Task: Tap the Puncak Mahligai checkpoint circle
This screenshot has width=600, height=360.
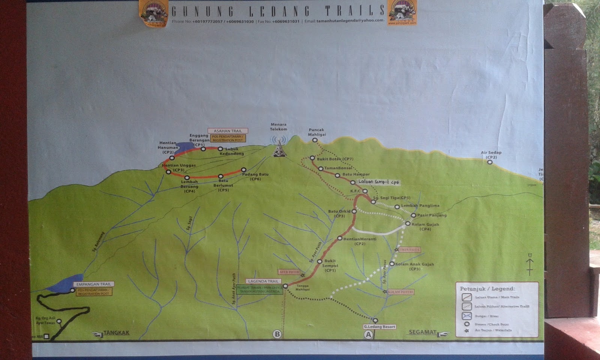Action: [x=315, y=140]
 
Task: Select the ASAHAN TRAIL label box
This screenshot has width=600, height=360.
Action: [x=228, y=131]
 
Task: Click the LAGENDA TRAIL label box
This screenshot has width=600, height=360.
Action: [x=263, y=281]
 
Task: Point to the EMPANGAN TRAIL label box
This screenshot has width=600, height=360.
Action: [x=94, y=284]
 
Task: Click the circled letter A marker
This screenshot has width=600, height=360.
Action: [x=368, y=334]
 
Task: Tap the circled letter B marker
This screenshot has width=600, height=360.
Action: [x=277, y=334]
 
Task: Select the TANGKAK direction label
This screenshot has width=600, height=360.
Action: [x=116, y=333]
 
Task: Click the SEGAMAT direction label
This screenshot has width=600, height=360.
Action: [x=423, y=332]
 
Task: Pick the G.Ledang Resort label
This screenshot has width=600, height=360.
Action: [x=379, y=327]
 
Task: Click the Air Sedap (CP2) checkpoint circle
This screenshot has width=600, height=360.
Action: [x=490, y=162]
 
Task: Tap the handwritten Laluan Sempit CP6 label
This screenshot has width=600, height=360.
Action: [x=379, y=182]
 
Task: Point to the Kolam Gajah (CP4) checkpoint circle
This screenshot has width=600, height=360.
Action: [x=408, y=223]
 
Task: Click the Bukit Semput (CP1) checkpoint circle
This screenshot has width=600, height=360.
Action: [x=320, y=261]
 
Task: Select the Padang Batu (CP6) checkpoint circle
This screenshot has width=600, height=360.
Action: [x=243, y=170]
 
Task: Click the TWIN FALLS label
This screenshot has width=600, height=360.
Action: [x=409, y=250]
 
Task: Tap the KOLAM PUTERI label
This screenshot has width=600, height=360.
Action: [x=400, y=292]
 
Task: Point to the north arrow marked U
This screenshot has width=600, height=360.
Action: [x=530, y=264]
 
